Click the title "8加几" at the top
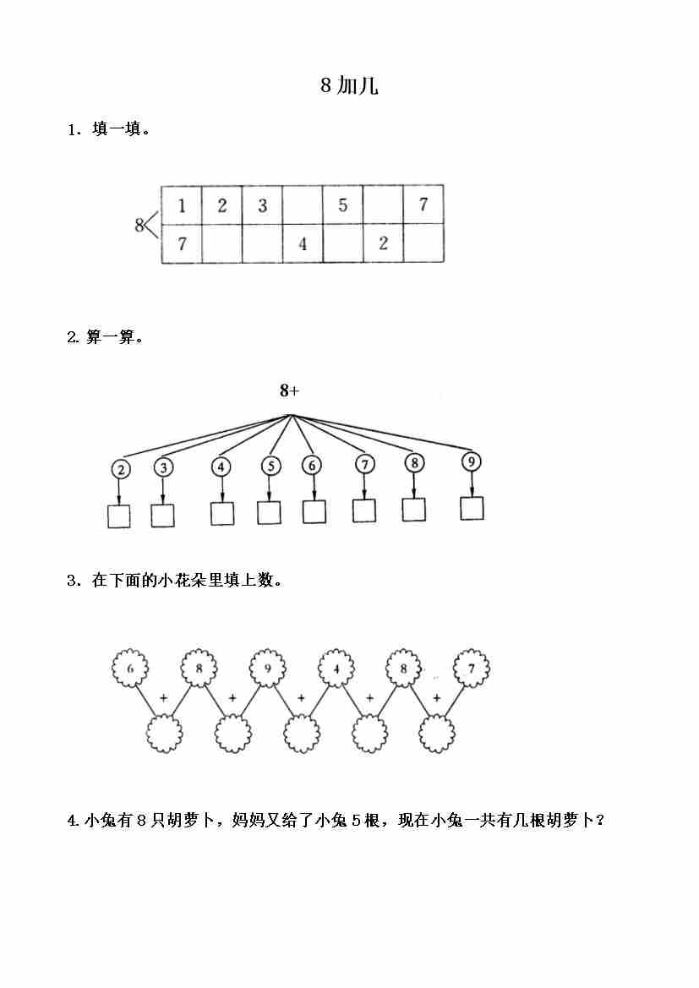tap(349, 85)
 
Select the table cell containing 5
tap(342, 205)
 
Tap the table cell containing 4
tap(303, 244)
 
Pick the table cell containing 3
tap(262, 205)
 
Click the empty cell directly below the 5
tap(342, 244)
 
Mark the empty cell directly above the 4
tap(303, 205)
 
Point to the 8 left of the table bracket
tap(139, 225)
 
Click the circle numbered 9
tap(472, 461)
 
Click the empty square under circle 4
tap(222, 513)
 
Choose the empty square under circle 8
tap(414, 510)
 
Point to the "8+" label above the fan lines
tap(290, 390)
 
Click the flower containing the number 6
tap(130, 669)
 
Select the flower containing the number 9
tap(267, 669)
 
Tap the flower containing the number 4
tap(336, 669)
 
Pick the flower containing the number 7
tap(472, 669)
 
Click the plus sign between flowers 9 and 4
tap(301, 698)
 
